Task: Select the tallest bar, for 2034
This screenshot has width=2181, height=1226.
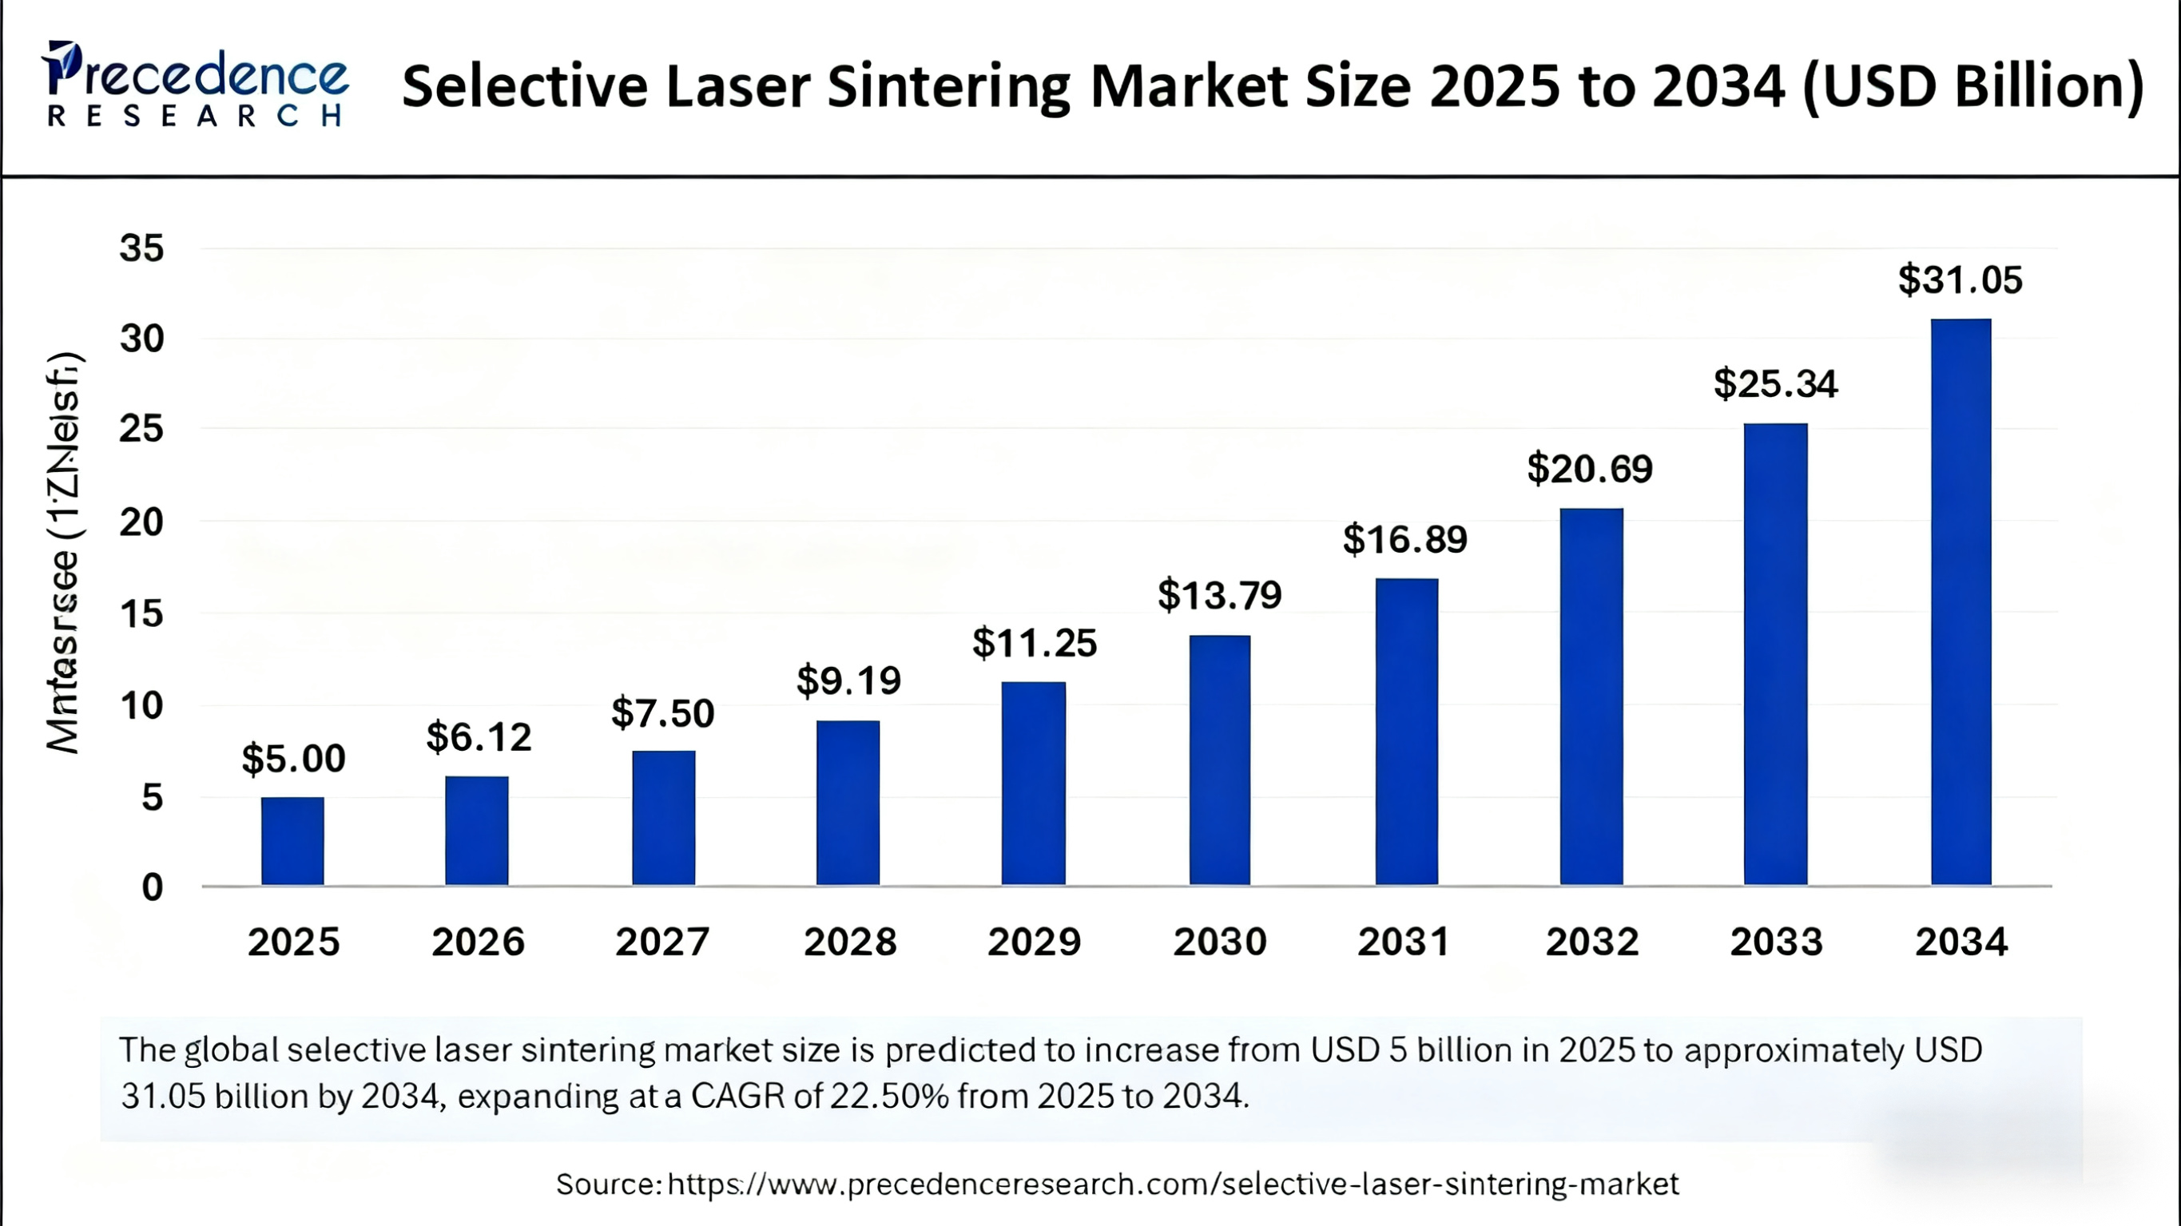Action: point(1960,602)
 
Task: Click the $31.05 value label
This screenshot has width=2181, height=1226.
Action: point(1960,280)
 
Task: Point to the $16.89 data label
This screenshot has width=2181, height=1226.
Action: point(1404,539)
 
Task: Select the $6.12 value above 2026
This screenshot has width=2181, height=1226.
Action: point(479,737)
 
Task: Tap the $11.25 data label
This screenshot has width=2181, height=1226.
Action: point(1034,644)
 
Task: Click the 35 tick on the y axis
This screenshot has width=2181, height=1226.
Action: point(141,249)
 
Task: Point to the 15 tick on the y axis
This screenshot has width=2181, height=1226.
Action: point(141,614)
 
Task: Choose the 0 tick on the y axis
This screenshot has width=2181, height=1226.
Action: point(153,887)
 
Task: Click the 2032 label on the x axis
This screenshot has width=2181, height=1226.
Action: point(1591,942)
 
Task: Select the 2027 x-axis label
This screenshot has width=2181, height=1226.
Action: point(662,942)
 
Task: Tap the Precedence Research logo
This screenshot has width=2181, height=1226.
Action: point(195,85)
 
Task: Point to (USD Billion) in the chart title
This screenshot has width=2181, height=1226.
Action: point(1972,87)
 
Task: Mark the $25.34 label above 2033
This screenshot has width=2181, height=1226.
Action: point(1775,384)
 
